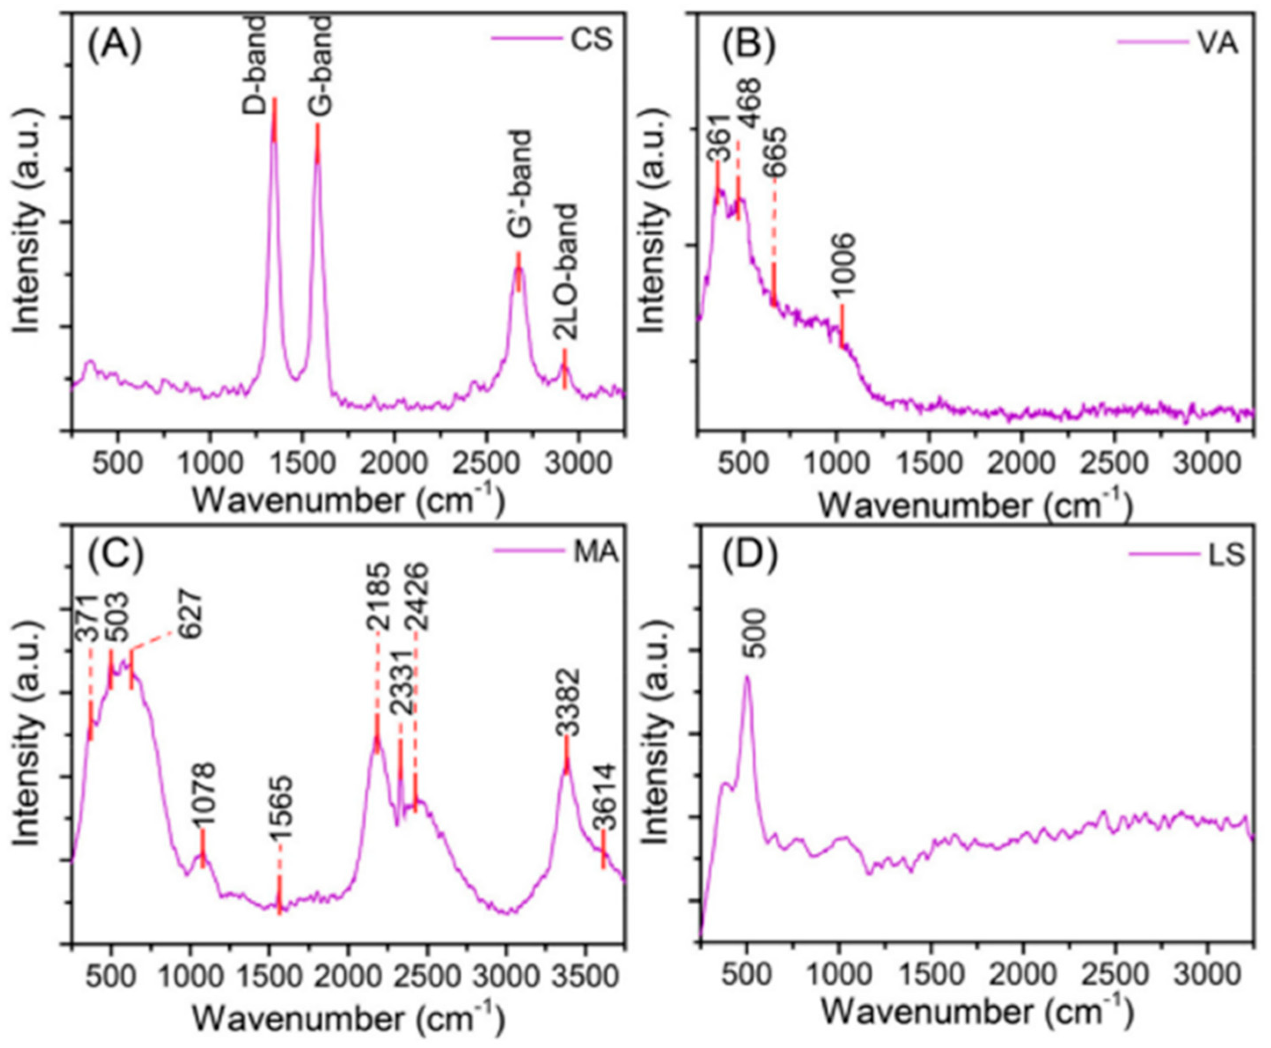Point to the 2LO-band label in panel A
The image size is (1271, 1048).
[x=565, y=272]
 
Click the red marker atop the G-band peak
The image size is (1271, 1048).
[x=318, y=143]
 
